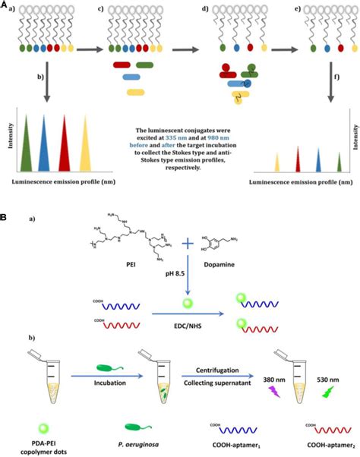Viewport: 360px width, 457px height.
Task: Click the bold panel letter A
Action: [x=5, y=6]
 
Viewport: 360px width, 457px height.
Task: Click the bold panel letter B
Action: [x=5, y=216]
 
